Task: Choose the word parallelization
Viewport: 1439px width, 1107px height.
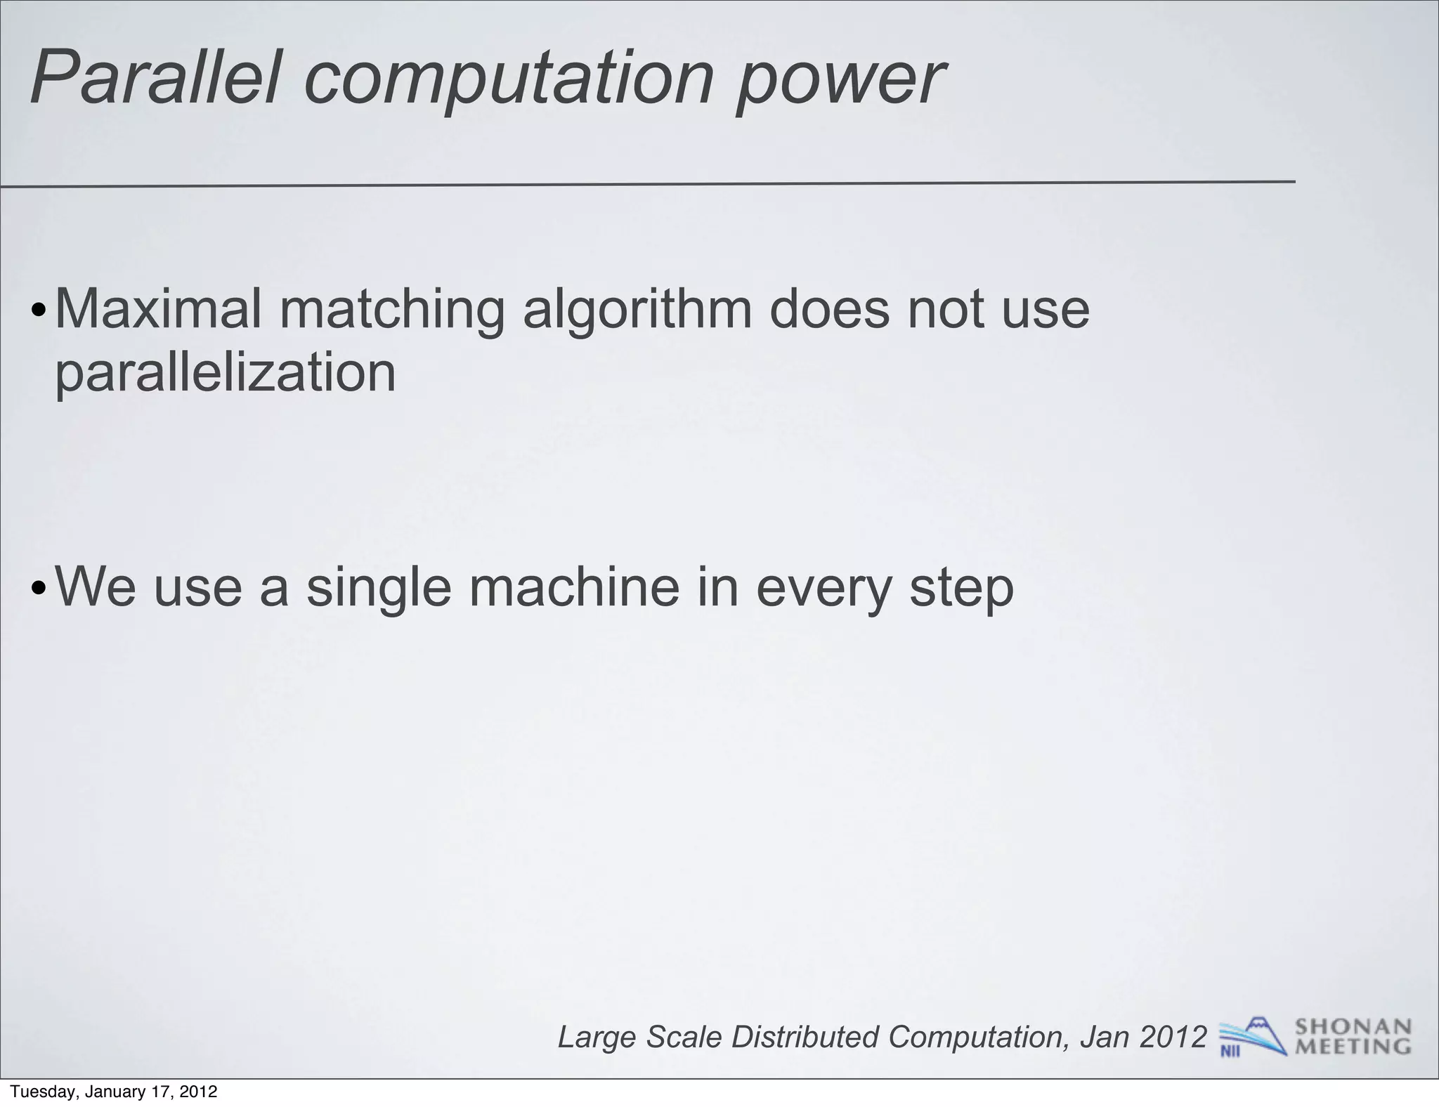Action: point(226,372)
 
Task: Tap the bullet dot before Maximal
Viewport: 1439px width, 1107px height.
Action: point(40,311)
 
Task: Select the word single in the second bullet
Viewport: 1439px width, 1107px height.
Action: point(378,588)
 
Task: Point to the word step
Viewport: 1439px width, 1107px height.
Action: point(961,589)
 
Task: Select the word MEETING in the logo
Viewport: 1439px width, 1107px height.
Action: point(1353,1047)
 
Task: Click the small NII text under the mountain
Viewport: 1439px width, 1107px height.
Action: point(1230,1052)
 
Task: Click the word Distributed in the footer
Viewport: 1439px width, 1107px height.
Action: point(805,1037)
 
